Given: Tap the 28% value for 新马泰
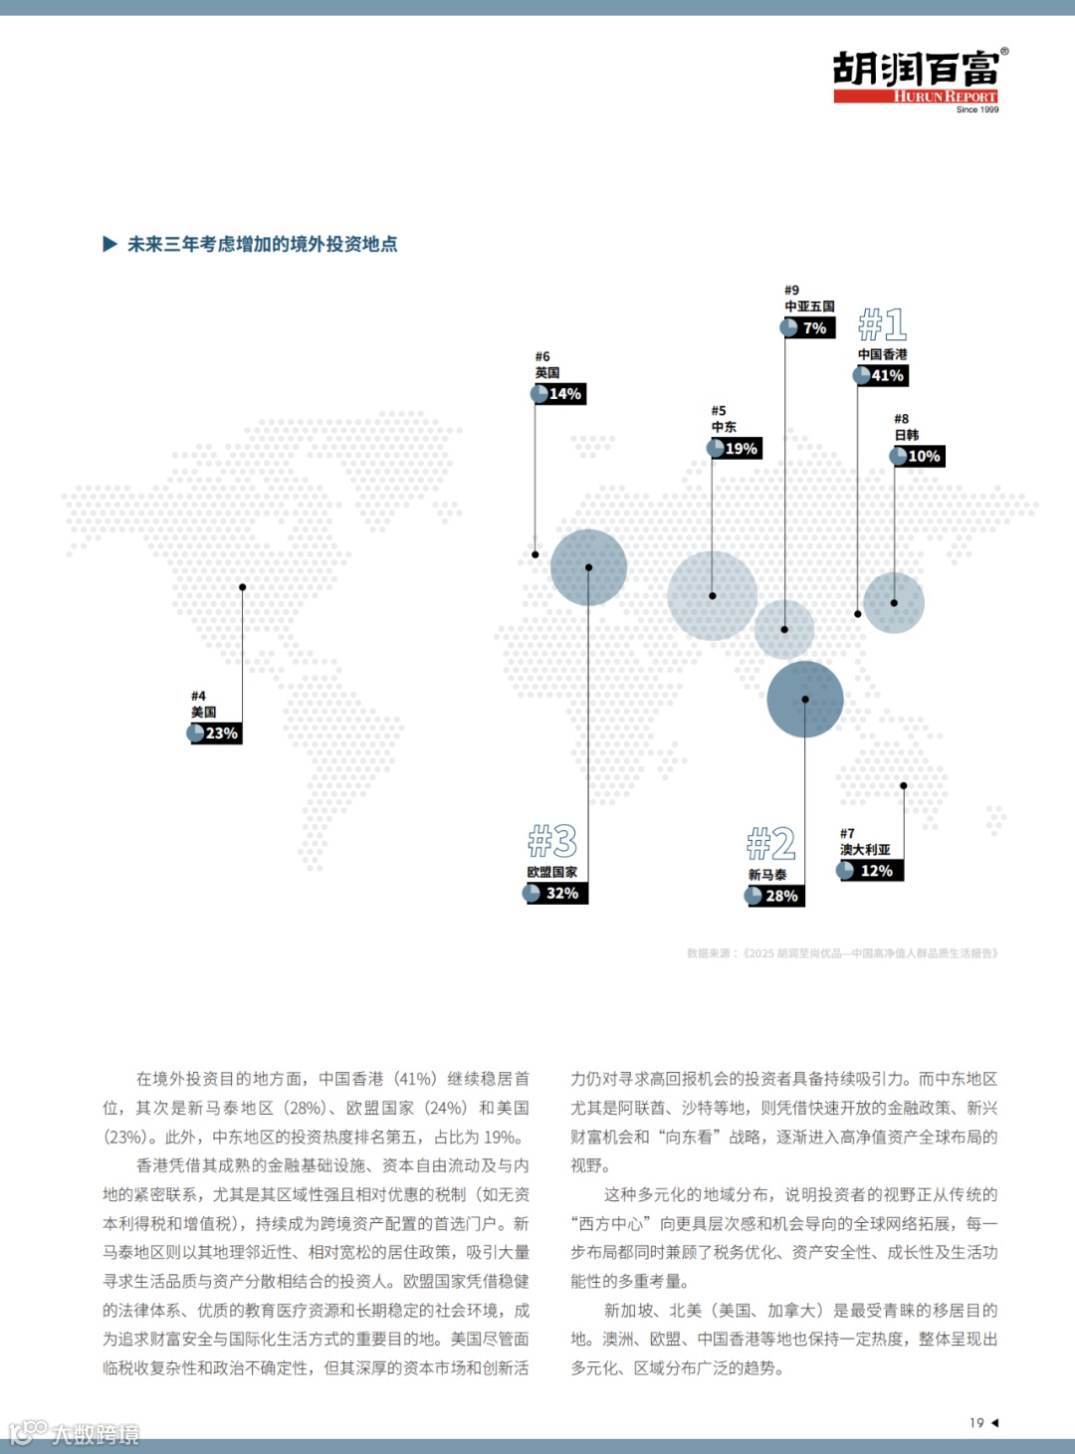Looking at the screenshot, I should tap(775, 896).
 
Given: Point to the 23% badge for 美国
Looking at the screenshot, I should tap(216, 733).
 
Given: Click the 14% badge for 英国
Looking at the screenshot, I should tap(559, 394).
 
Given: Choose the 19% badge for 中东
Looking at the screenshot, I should tap(736, 449).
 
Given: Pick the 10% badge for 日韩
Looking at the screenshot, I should tap(918, 456).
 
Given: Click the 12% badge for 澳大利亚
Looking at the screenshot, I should tap(871, 871).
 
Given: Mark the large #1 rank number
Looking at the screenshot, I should tap(883, 324).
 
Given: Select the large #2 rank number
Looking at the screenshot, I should tap(771, 845).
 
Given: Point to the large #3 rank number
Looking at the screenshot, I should tap(552, 842).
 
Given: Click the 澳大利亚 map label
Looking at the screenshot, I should tap(865, 850).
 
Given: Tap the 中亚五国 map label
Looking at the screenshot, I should tap(809, 307).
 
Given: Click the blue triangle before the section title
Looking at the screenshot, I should tap(110, 244).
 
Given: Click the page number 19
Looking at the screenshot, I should tap(976, 1423).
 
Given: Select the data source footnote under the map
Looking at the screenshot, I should tap(842, 953).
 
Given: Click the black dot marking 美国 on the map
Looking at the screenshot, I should tap(242, 587).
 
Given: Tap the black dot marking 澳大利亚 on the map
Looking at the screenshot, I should tap(904, 786).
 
